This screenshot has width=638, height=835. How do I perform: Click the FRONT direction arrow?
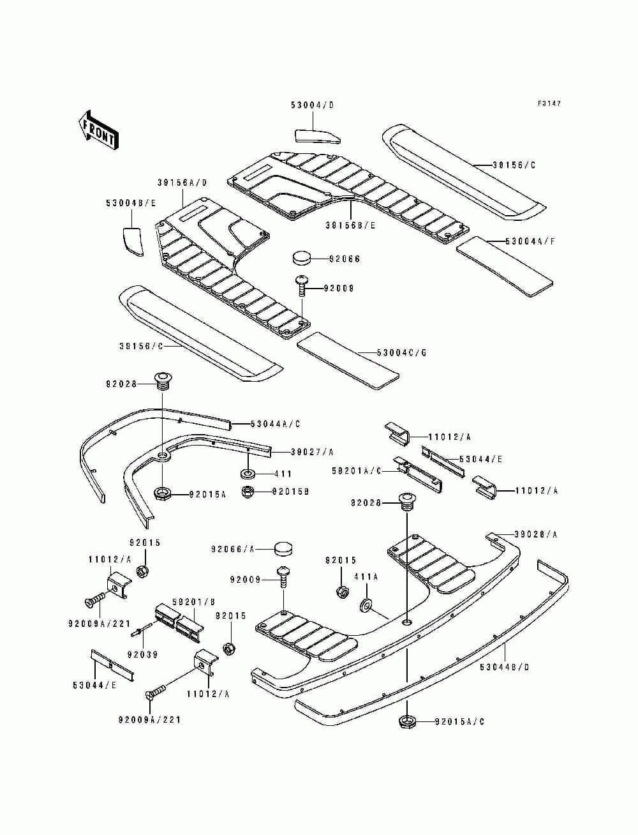(x=97, y=131)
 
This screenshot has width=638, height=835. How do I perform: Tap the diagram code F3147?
(x=549, y=103)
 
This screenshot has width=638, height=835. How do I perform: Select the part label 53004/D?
(x=312, y=105)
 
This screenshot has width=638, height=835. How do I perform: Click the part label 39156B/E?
(x=350, y=225)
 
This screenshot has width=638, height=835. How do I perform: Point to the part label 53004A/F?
(x=531, y=242)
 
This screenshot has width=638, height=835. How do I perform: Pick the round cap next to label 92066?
(x=302, y=258)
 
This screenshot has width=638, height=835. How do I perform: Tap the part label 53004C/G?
(x=401, y=352)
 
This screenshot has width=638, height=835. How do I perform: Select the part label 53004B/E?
(x=131, y=203)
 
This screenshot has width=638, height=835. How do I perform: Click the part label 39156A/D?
(x=182, y=182)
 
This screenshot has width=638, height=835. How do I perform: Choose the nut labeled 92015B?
(x=248, y=492)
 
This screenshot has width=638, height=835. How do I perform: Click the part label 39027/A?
(x=312, y=452)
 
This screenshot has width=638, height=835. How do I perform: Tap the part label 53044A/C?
(x=275, y=424)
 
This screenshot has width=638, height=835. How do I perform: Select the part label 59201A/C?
(x=356, y=470)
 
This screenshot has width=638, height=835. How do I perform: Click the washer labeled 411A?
(x=367, y=604)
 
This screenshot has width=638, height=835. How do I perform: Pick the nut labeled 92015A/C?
(x=406, y=722)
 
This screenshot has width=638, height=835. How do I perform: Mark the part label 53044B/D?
(x=505, y=668)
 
